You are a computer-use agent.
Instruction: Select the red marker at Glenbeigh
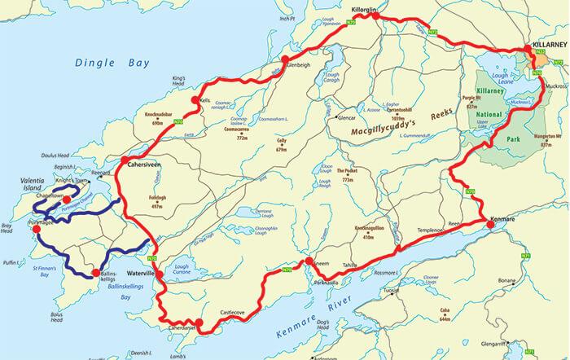tap(285, 59)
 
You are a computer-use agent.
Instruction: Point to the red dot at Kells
tap(194, 100)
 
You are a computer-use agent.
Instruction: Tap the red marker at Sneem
tap(309, 261)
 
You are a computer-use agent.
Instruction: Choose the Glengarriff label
tap(541, 342)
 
